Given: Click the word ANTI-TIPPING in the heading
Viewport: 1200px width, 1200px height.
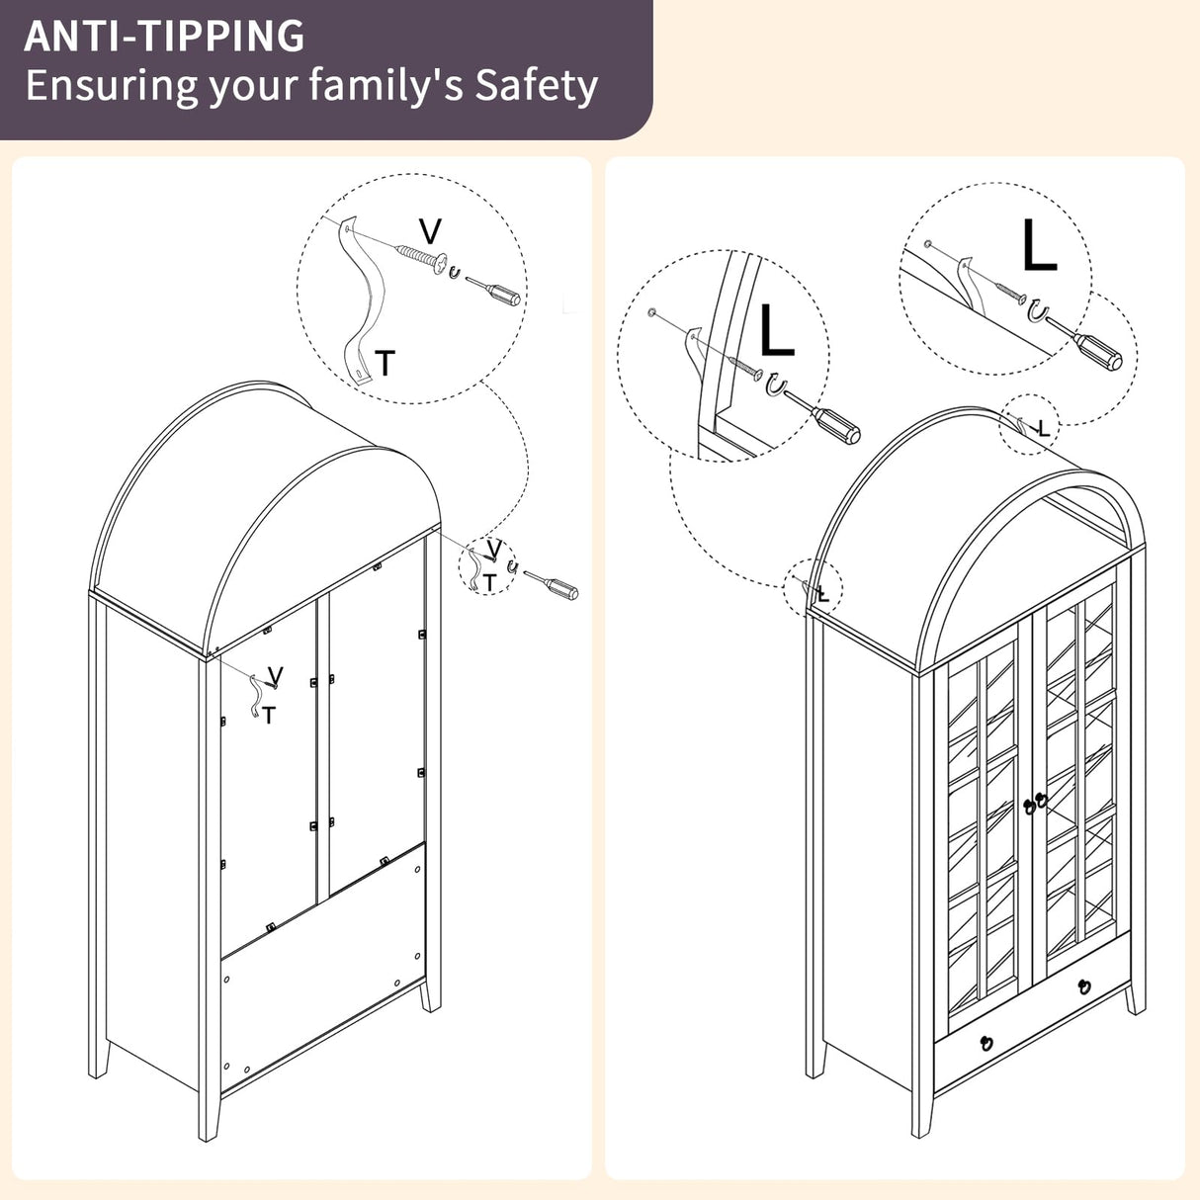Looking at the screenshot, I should click(x=164, y=36).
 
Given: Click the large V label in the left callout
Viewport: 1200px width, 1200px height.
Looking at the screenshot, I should click(x=430, y=232).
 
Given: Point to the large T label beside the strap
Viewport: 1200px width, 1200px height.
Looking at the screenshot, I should click(x=385, y=364).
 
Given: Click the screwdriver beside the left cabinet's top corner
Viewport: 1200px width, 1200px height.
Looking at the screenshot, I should click(x=551, y=584).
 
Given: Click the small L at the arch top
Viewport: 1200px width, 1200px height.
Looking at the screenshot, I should click(x=1044, y=428).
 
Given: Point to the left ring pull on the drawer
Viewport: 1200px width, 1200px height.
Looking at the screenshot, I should click(x=986, y=1042).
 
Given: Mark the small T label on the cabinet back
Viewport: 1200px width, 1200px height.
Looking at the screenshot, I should click(x=269, y=715).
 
